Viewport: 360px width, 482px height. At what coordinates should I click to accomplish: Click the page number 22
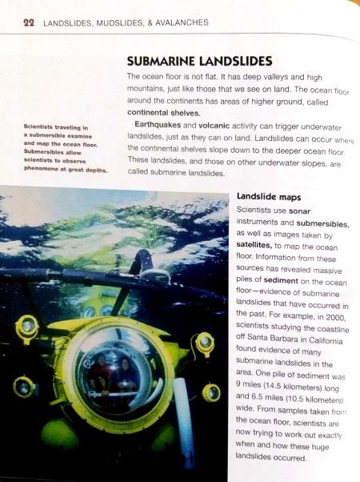27,22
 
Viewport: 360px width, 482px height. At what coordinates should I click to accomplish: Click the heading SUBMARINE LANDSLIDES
199,61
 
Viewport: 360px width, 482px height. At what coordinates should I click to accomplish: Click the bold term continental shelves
164,113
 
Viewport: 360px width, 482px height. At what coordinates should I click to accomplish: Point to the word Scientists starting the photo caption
44,127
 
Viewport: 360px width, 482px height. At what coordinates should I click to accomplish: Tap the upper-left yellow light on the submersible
26,326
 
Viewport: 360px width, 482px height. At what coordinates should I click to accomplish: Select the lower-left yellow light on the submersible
23,387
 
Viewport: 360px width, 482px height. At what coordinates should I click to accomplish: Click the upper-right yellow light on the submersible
204,343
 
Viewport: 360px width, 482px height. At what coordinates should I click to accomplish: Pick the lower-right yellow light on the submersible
211,392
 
